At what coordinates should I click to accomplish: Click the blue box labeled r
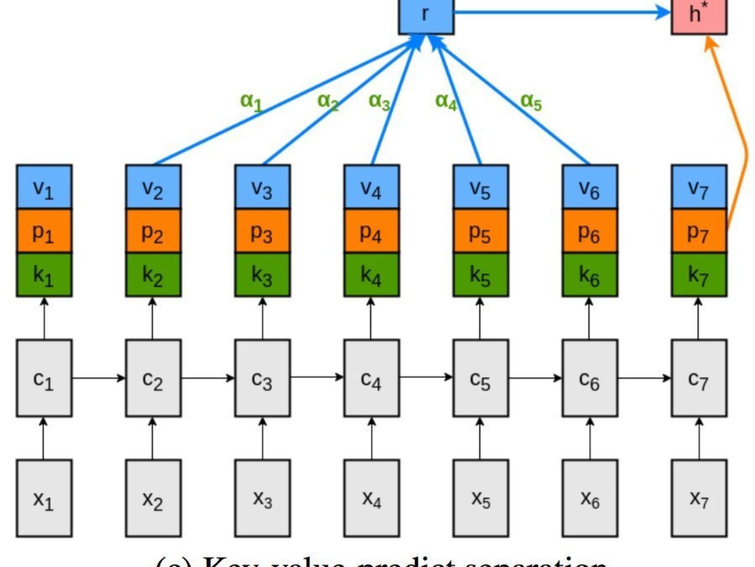[x=426, y=15]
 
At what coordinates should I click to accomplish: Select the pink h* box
[x=699, y=15]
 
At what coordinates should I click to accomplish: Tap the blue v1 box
[x=44, y=187]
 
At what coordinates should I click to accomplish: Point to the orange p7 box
[x=699, y=231]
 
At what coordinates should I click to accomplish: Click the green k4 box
[x=372, y=275]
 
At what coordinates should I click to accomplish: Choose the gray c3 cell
[x=262, y=378]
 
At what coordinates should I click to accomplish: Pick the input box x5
[x=481, y=498]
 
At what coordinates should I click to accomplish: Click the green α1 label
[x=251, y=102]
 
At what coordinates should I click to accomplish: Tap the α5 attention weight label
[x=531, y=102]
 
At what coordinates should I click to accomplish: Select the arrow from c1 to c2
[x=99, y=377]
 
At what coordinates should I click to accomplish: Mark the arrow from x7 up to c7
[x=699, y=438]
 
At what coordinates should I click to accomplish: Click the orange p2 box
[x=153, y=231]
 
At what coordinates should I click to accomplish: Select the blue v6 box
[x=590, y=187]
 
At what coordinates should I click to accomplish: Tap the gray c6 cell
[x=590, y=378]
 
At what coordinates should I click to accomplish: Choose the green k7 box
[x=699, y=275]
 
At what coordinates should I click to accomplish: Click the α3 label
[x=379, y=102]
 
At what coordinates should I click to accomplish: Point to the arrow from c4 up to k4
[x=372, y=318]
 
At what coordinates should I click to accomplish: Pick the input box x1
[x=44, y=498]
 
